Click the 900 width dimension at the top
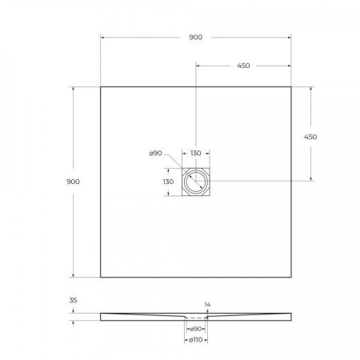pos(195,37)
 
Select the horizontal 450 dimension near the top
pos(243,66)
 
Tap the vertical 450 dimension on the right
pos(310,137)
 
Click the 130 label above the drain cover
pos(195,154)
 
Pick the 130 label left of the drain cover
pos(169,182)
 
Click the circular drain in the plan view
pos(195,182)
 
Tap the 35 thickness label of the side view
pos(74,302)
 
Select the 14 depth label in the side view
pos(208,305)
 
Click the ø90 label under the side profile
pos(195,329)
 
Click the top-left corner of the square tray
pos(101,86)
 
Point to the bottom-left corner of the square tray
pos(101,277)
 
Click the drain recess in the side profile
pos(195,318)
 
